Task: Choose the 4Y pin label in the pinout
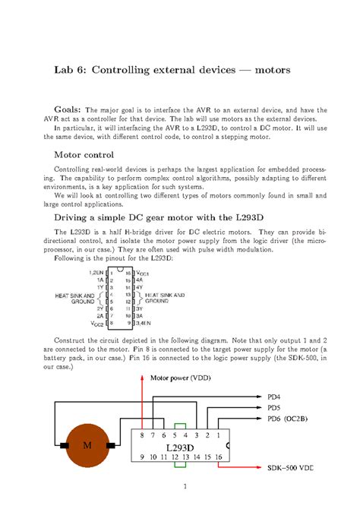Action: click(139, 287)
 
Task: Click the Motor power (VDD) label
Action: click(180, 378)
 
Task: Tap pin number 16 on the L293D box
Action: click(219, 457)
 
